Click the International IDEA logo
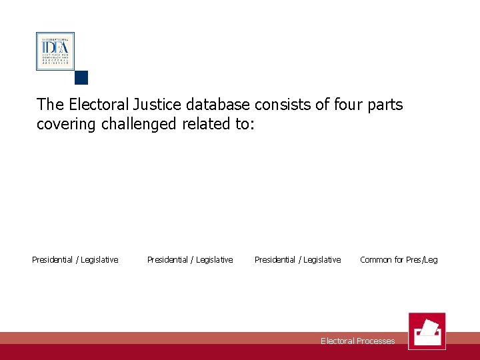pyautogui.click(x=55, y=51)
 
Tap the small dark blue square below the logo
pyautogui.click(x=81, y=77)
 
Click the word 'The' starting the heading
pyautogui.click(x=51, y=105)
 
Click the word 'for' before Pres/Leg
pyautogui.click(x=399, y=260)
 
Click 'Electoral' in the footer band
pyautogui.click(x=337, y=341)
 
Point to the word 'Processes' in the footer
pyautogui.click(x=376, y=341)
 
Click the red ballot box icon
pyautogui.click(x=427, y=331)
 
